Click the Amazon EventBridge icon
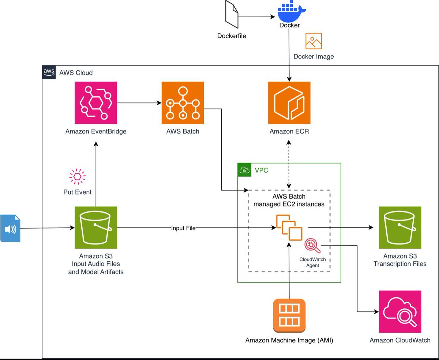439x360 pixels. [x=95, y=103]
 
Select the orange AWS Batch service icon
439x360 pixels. [x=183, y=103]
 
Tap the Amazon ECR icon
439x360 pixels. [x=289, y=103]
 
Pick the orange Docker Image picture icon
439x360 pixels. [x=314, y=41]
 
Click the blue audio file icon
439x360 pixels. [x=10, y=229]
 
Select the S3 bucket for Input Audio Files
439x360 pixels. [x=95, y=228]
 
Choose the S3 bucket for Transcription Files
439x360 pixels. [x=400, y=228]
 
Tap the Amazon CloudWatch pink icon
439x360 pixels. [x=400, y=312]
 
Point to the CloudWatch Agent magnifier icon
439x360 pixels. [x=312, y=245]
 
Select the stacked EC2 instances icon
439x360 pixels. [x=289, y=228]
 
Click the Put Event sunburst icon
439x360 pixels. [x=78, y=177]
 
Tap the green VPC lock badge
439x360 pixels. [x=244, y=170]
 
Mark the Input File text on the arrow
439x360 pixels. [x=183, y=228]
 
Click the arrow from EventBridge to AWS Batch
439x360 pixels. [x=139, y=103]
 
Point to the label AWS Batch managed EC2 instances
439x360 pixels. [x=289, y=200]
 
